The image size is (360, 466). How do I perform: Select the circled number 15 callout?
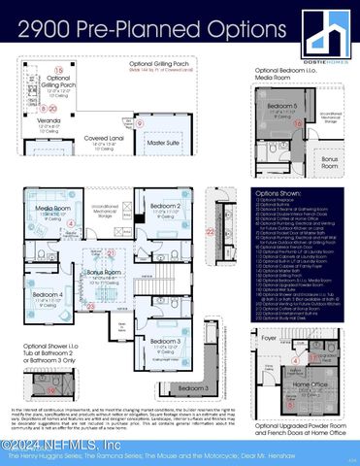click(x=59, y=72)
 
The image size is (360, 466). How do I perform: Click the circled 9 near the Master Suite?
click(x=141, y=123)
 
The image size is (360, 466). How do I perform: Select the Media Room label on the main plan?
click(x=53, y=208)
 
